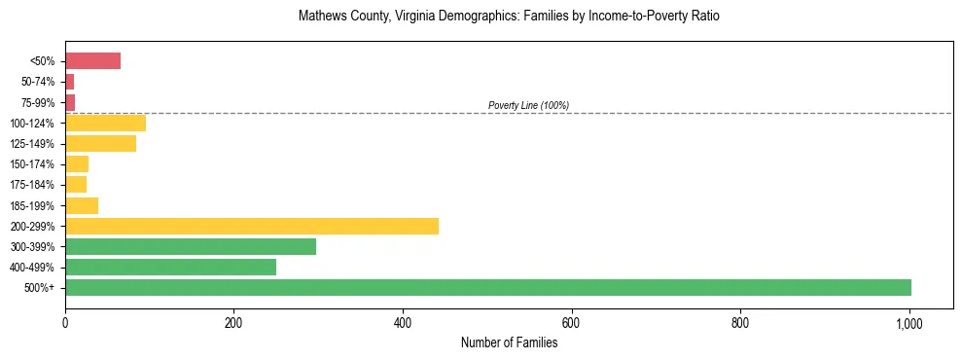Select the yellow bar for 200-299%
[x=252, y=226]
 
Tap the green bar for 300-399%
[x=191, y=246]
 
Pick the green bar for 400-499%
[x=170, y=267]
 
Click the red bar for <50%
[x=92, y=61]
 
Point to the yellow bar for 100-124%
[x=105, y=123]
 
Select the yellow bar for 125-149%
[x=100, y=143]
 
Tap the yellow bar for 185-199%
[x=82, y=205]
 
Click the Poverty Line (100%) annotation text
[x=528, y=105]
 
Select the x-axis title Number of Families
[x=509, y=342]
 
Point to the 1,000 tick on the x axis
[x=909, y=322]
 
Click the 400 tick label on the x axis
[x=403, y=322]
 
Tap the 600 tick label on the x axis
[x=572, y=322]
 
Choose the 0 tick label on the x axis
[x=65, y=322]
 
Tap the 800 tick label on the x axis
[x=740, y=322]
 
